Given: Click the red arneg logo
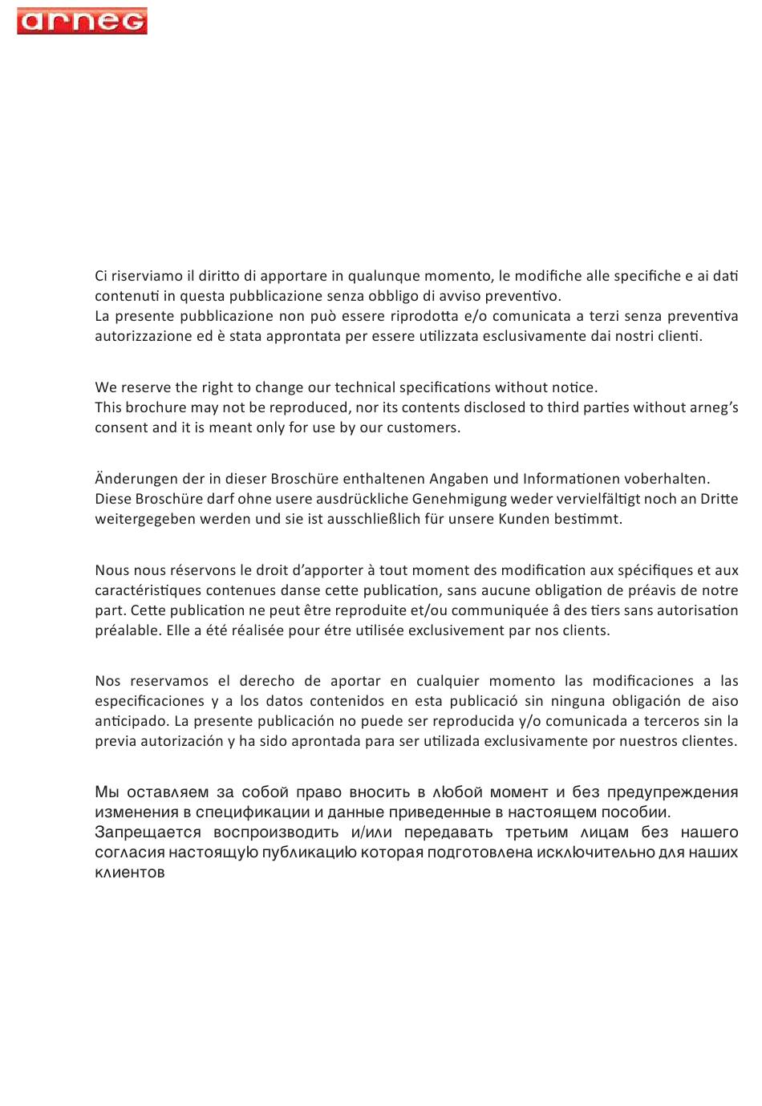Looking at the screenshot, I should [82, 21].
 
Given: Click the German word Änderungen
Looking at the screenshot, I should [132, 479].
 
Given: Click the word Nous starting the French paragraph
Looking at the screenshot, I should [111, 570].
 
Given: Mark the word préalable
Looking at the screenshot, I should [128, 630].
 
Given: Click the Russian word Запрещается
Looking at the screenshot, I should [148, 833].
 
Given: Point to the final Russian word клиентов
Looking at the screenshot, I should [130, 873].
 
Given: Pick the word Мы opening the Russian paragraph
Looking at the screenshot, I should [107, 792].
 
